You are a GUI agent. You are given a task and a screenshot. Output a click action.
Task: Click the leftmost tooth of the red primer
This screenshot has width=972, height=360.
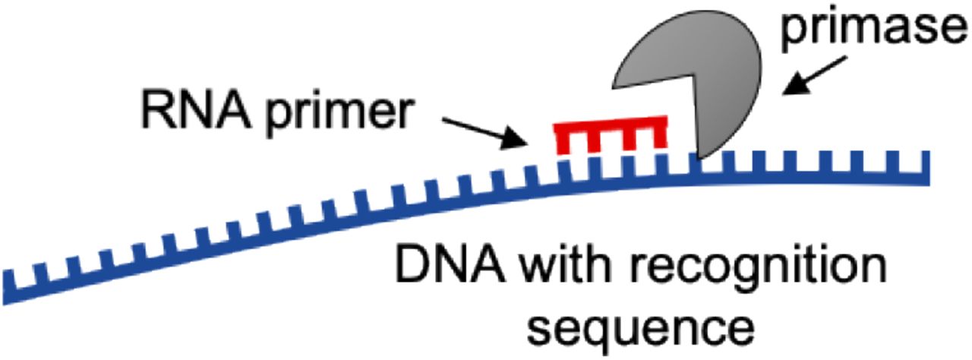[563, 140]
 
